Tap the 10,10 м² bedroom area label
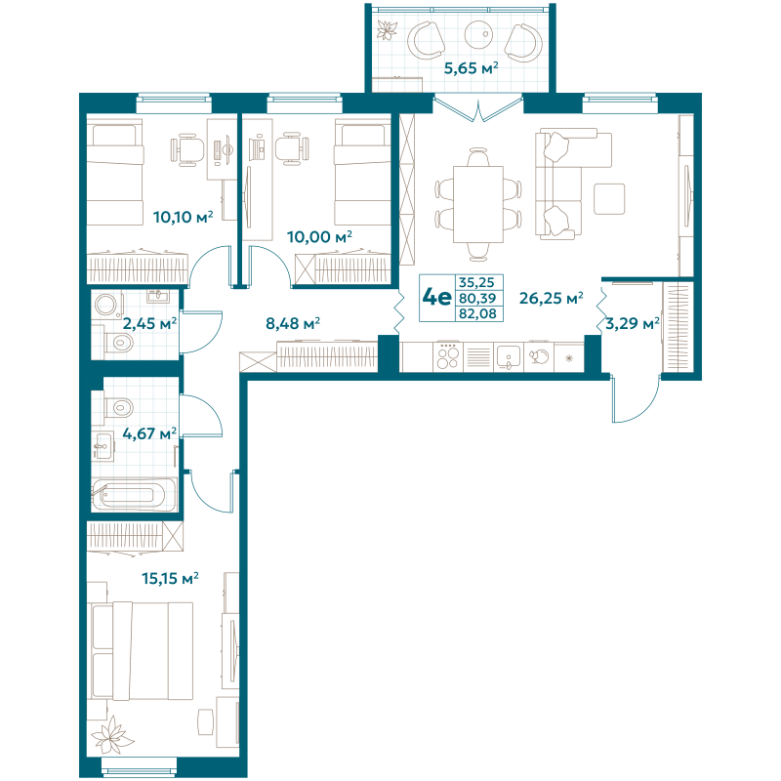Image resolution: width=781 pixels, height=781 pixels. [x=184, y=216]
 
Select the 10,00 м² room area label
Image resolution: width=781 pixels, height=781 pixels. [x=319, y=236]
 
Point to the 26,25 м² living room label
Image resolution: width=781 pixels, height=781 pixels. [x=551, y=298]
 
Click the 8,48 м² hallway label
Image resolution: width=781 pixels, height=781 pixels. [x=294, y=322]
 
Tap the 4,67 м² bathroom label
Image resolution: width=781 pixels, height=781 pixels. [x=149, y=432]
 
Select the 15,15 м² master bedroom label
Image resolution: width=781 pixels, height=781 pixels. [x=170, y=578]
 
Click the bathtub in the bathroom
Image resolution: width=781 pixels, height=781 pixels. [x=134, y=493]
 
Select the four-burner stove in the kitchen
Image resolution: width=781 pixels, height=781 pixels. [x=447, y=356]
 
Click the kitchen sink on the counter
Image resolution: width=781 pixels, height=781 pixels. [x=508, y=356]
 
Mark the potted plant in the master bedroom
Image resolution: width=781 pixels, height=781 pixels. [x=114, y=734]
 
